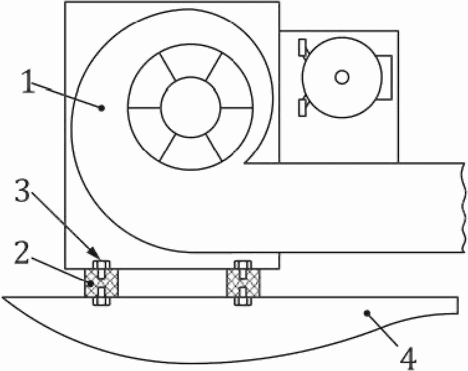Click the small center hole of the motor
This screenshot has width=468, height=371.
coord(341,76)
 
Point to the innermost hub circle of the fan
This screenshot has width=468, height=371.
coord(190,107)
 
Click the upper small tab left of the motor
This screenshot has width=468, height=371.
coord(302,47)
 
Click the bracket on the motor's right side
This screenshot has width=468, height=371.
coord(385,76)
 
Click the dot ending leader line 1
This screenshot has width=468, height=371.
coord(103,108)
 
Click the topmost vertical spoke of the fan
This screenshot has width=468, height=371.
coord(190,62)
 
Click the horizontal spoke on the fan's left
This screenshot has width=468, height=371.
coord(144,108)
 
